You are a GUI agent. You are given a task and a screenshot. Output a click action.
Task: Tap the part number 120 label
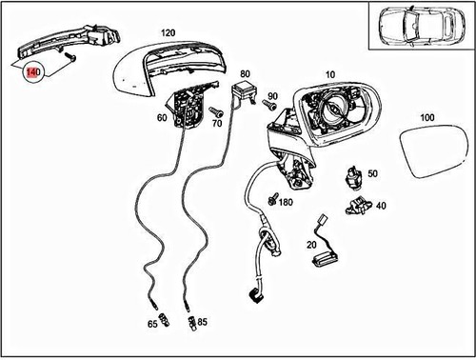(x=168, y=32)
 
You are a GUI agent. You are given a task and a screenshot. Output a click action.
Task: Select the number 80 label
(x=245, y=73)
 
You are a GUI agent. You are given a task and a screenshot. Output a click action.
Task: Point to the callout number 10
(x=330, y=73)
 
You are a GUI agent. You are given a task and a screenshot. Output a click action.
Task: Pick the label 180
(x=287, y=202)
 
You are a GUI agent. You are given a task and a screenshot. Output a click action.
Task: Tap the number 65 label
(x=152, y=325)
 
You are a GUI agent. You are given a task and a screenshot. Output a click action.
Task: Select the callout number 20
(x=310, y=245)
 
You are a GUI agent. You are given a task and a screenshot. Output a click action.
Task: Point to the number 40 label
(x=381, y=205)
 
